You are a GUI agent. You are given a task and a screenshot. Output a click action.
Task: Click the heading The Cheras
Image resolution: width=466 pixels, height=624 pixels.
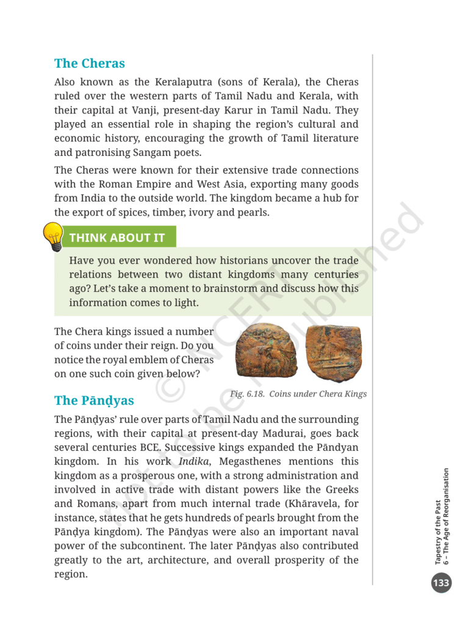[x=89, y=63]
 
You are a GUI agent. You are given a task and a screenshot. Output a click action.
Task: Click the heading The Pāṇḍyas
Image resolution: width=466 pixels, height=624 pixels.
[x=94, y=400]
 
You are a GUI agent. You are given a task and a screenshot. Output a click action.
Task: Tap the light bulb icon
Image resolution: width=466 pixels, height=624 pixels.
[x=53, y=236]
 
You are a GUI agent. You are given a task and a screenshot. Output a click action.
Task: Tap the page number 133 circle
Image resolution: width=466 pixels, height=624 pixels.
[x=441, y=583]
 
